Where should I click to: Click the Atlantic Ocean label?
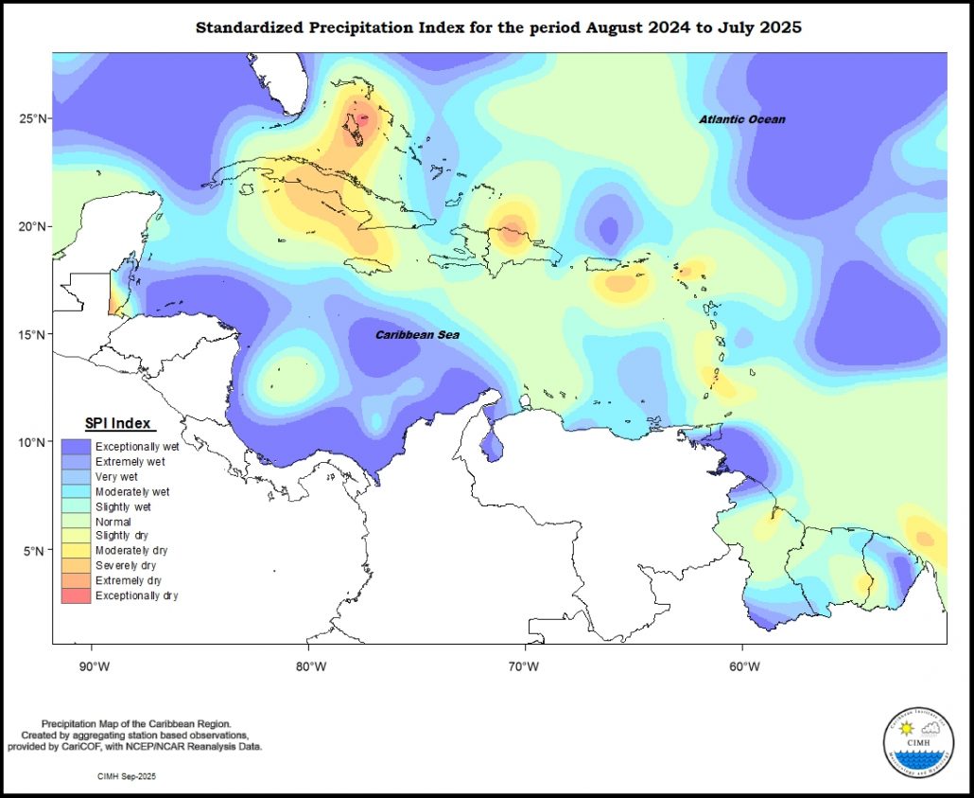coord(741,119)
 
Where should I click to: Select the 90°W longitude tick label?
coord(95,665)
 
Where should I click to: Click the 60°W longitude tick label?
coord(744,665)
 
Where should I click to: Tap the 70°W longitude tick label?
coord(527,665)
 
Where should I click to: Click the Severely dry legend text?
coord(126,566)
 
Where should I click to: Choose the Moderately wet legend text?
coord(132,492)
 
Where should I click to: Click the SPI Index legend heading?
coord(118,422)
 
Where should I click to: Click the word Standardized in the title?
coord(250,27)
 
